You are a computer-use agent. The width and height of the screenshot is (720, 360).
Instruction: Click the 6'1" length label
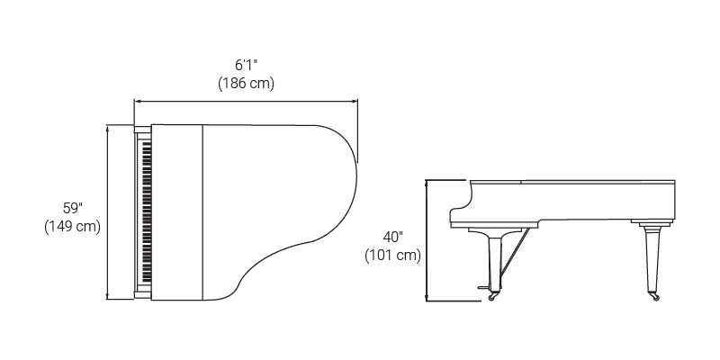(246, 65)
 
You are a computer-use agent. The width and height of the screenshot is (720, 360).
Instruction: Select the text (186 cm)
(246, 84)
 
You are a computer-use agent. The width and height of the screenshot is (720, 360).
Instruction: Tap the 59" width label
(73, 209)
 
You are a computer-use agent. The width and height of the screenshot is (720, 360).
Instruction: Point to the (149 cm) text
(73, 227)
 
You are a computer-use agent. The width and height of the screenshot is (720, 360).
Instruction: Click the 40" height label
(393, 237)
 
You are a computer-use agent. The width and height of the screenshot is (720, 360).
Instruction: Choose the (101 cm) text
(393, 256)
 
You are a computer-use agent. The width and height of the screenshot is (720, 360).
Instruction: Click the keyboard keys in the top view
(147, 212)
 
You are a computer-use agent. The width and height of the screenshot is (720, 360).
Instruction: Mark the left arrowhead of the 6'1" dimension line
(137, 102)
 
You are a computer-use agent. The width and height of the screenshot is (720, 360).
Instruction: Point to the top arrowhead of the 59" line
(107, 128)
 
